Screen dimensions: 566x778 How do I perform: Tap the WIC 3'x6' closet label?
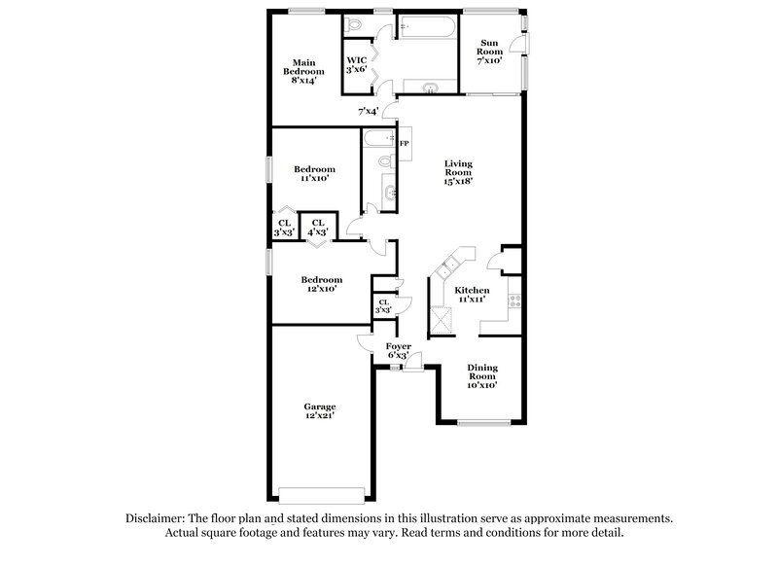click(x=357, y=64)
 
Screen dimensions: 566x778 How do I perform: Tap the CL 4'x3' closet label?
click(x=318, y=228)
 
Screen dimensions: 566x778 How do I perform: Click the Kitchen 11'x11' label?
click(x=472, y=295)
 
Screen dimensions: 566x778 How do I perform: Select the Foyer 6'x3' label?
click(x=398, y=350)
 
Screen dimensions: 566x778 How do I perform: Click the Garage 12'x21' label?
click(x=319, y=410)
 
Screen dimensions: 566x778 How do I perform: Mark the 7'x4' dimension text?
click(x=368, y=111)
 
